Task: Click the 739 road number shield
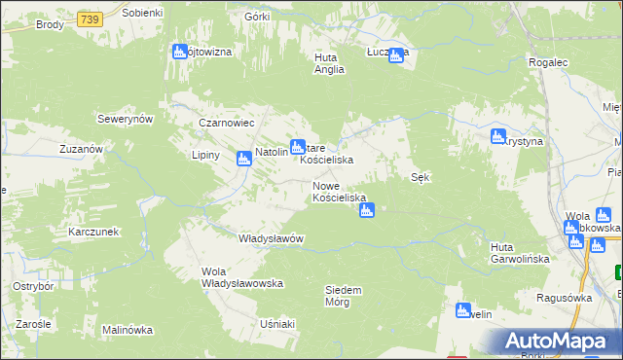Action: pyautogui.click(x=91, y=18)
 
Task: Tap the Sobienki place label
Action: pyautogui.click(x=143, y=12)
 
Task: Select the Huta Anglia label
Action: pyautogui.click(x=331, y=63)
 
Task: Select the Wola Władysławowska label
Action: pyautogui.click(x=241, y=277)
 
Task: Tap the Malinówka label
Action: pyautogui.click(x=128, y=330)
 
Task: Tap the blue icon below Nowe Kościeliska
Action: pyautogui.click(x=367, y=208)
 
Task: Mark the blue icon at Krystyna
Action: pyautogui.click(x=498, y=136)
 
